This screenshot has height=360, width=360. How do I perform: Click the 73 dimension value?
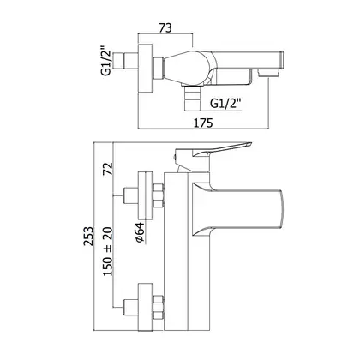pos(165,28)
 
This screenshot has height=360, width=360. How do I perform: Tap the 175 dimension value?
pos(203,123)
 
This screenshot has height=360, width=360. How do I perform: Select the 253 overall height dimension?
pos(88,236)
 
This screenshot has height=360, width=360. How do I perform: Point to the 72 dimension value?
pos(109,169)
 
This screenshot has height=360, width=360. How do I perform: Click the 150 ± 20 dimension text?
pos(108,252)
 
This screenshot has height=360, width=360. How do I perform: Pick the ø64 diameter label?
pos(141,232)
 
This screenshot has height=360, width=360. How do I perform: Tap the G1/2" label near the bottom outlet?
pos(225,103)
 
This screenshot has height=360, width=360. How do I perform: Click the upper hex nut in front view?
pos(159,195)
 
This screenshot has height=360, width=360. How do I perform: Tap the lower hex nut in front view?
pos(159,307)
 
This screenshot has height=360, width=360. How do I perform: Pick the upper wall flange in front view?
pos(146,195)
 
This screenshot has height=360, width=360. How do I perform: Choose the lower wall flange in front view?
pos(146,307)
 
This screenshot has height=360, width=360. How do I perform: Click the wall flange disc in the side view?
pos(146,69)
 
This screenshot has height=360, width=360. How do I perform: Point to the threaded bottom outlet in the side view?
pos(192,98)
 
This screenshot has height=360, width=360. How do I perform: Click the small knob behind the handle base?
pos(174,157)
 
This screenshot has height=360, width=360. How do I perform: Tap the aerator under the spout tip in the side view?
pos(267,73)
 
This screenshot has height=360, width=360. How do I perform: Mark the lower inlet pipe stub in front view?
pos(131,307)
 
